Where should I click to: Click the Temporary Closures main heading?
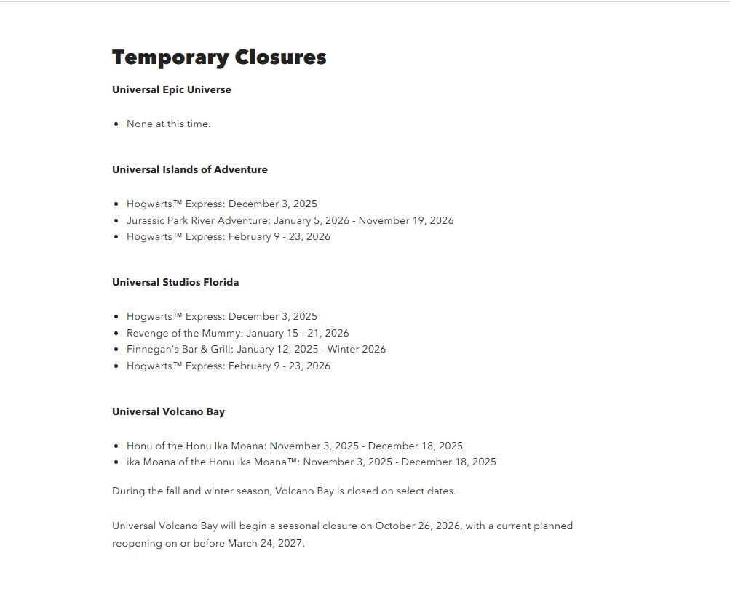(x=219, y=57)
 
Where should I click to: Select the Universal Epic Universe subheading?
(x=172, y=89)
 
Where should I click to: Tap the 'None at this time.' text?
(x=168, y=124)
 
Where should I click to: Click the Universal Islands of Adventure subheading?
(x=190, y=169)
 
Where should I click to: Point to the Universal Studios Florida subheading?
(x=175, y=282)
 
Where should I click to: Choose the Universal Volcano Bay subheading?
(x=168, y=411)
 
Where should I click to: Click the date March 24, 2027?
(x=266, y=543)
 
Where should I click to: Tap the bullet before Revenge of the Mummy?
(x=116, y=333)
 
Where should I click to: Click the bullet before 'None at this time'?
(x=116, y=124)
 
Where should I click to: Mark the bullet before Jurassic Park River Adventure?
(x=116, y=220)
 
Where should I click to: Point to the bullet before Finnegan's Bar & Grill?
(x=116, y=350)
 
